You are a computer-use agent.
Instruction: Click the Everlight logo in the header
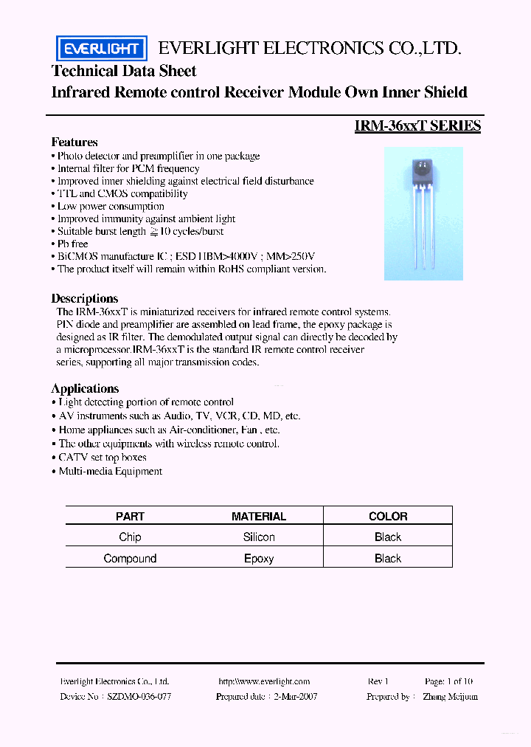coord(102,49)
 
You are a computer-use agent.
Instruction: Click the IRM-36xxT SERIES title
coord(417,126)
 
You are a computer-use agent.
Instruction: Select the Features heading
coord(74,142)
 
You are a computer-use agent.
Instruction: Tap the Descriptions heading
coord(85,298)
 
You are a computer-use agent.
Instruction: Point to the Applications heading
coord(85,388)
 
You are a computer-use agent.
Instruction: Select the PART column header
coord(130,517)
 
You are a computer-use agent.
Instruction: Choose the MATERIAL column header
coord(259,517)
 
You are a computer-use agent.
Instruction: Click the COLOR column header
coord(388,517)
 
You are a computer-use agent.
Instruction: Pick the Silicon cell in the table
coord(259,537)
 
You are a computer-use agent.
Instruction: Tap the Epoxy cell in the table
coord(259,559)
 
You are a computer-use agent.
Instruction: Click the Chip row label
coord(130,537)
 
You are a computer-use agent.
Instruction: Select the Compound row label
coord(130,559)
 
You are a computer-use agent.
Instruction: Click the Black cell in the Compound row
coord(388,559)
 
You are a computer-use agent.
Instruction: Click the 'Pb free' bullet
coord(73,244)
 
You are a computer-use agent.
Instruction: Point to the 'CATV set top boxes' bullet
coord(103,458)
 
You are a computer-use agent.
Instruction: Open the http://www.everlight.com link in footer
coord(264,681)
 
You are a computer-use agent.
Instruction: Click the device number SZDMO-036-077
coord(139,696)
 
